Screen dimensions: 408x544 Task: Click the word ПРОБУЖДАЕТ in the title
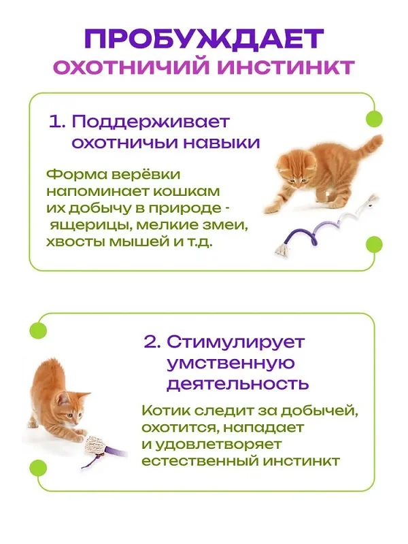pyautogui.click(x=205, y=39)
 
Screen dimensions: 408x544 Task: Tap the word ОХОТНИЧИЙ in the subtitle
pyautogui.click(x=133, y=67)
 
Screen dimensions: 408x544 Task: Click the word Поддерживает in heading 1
pyautogui.click(x=151, y=122)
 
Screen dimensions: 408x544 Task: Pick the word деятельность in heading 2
pyautogui.click(x=238, y=384)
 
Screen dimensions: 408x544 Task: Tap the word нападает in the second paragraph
pyautogui.click(x=263, y=428)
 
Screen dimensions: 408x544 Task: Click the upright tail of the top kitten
pyautogui.click(x=369, y=148)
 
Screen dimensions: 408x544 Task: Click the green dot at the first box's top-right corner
pyautogui.click(x=375, y=119)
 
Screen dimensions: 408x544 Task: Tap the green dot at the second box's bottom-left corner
pyautogui.click(x=38, y=467)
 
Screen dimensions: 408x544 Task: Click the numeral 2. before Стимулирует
pyautogui.click(x=152, y=341)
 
